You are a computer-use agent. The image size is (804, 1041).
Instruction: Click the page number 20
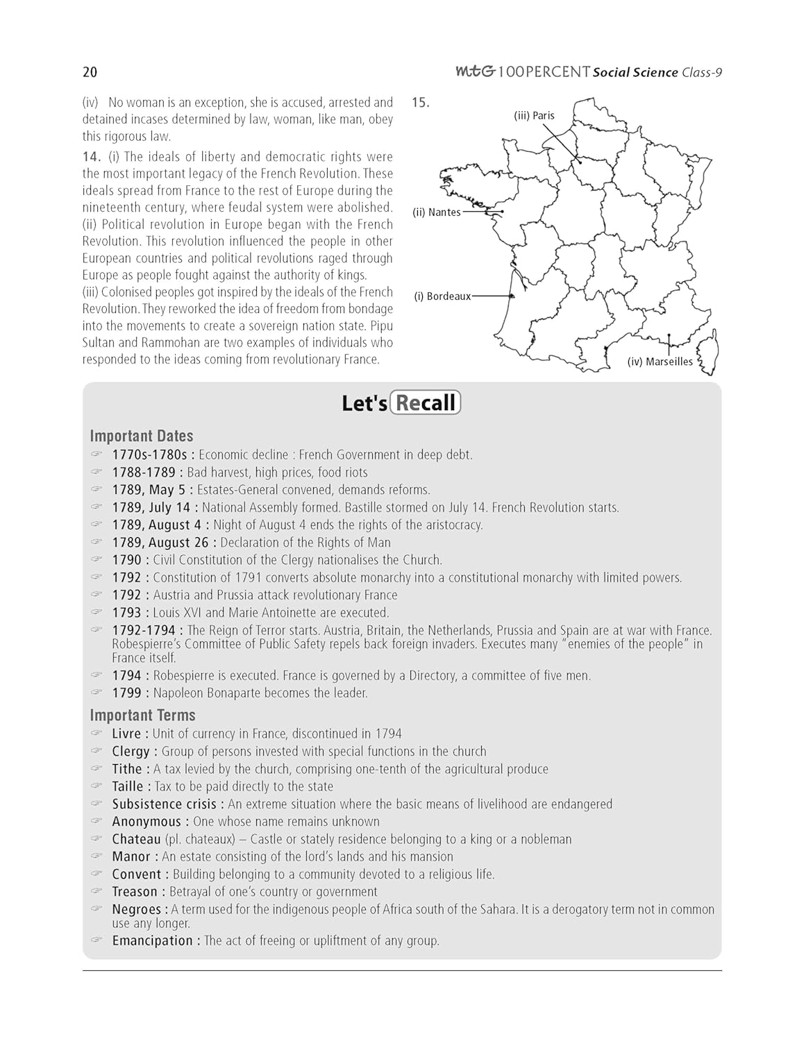click(90, 72)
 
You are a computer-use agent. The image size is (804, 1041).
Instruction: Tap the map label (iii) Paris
click(534, 116)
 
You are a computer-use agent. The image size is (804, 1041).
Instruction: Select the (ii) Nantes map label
click(437, 212)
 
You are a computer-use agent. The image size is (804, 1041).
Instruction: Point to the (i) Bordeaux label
click(442, 296)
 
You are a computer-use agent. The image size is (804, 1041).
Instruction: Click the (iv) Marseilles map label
click(660, 362)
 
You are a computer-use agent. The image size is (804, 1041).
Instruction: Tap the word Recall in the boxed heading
click(425, 403)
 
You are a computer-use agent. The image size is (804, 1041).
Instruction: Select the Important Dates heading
click(142, 436)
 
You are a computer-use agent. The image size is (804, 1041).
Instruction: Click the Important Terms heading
click(142, 715)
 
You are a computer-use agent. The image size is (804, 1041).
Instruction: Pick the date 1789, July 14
click(151, 507)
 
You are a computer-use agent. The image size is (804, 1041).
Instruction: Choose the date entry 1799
click(126, 693)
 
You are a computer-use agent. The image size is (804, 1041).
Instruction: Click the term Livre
click(126, 734)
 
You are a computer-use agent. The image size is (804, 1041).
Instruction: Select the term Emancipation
click(153, 940)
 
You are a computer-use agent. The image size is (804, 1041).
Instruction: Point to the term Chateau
click(136, 839)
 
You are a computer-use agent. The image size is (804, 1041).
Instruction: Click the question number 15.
click(420, 103)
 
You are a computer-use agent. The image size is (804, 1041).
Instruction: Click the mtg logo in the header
click(475, 71)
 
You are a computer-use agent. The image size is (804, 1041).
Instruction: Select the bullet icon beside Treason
click(97, 891)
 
